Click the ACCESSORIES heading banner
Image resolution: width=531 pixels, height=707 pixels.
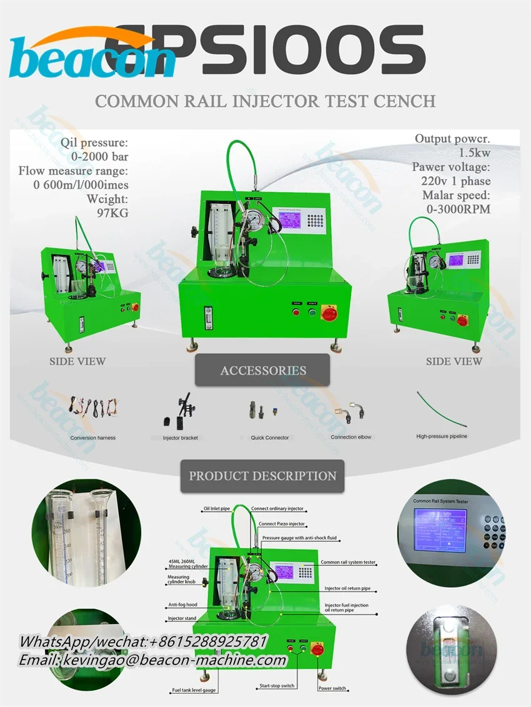click(x=262, y=371)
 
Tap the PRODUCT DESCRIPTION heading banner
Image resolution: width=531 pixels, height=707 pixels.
click(x=262, y=475)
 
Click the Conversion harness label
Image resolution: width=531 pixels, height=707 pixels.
click(x=92, y=438)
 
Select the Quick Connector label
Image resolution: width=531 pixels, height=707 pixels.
click(x=270, y=438)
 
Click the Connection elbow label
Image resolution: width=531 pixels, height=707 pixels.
click(x=351, y=437)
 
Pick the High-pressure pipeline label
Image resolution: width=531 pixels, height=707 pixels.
click(x=442, y=436)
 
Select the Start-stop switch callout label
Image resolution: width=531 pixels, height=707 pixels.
click(x=277, y=686)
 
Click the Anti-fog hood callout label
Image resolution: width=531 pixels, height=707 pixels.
click(x=182, y=604)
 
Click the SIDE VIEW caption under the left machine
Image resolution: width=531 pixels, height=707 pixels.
click(x=77, y=361)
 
